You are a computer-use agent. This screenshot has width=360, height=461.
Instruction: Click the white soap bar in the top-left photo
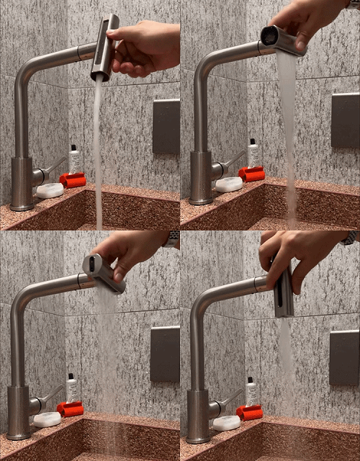[x=50, y=190]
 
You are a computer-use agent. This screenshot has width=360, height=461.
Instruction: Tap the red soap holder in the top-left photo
[x=73, y=179]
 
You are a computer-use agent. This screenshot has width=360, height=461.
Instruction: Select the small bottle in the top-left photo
[x=74, y=159]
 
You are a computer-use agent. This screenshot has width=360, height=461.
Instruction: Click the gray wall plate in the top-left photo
[x=166, y=126]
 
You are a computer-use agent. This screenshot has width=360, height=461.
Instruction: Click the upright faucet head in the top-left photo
[x=105, y=48]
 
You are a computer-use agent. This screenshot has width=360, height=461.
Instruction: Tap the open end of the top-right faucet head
[x=270, y=36]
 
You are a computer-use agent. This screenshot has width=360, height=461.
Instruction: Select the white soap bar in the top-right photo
[x=229, y=184]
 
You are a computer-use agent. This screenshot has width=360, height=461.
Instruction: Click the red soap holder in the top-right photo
[x=252, y=174]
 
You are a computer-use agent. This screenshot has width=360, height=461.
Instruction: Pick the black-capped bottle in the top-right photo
[x=253, y=153]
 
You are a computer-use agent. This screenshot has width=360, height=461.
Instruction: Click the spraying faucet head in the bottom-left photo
[x=104, y=272]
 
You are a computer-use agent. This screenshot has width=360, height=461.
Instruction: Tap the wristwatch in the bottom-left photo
[x=171, y=239]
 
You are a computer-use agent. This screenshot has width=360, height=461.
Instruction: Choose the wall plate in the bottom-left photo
[x=165, y=354]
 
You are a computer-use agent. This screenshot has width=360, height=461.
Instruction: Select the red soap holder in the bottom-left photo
[x=70, y=409]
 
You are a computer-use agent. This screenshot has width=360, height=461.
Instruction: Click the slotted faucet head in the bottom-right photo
[x=284, y=292]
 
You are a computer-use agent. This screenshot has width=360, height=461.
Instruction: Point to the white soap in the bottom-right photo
[x=226, y=423]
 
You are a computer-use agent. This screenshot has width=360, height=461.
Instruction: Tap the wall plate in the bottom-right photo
[x=344, y=357]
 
